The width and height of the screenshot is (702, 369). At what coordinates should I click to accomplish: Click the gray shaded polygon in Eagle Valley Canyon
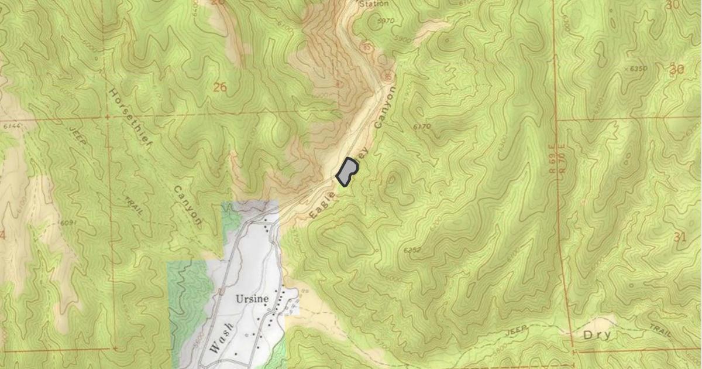[347, 172]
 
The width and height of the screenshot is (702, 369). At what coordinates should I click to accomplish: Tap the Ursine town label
[252, 299]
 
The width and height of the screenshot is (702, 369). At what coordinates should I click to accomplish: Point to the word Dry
[597, 335]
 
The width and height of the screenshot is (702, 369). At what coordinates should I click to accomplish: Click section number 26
[220, 88]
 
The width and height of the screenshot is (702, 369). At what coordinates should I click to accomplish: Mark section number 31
[679, 237]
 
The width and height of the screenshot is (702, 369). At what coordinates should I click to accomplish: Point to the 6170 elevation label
[421, 126]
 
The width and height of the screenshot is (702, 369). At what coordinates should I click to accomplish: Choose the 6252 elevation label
[412, 250]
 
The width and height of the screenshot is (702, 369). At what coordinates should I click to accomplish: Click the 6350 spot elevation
[638, 69]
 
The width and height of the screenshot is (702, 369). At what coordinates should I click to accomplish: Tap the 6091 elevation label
[68, 223]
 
